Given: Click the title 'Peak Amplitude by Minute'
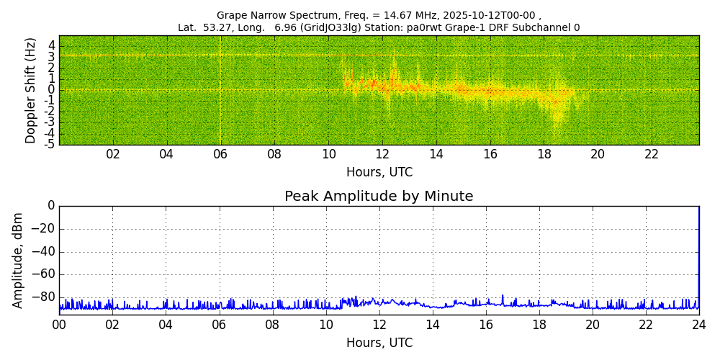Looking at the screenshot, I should (379, 197).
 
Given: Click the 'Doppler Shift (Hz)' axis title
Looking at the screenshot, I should (31, 90).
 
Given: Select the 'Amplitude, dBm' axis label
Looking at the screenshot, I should (19, 260).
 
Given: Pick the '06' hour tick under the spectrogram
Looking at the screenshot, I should (220, 155).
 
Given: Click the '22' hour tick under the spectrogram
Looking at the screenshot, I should (652, 155).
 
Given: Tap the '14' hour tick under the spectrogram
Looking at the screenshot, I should (436, 155).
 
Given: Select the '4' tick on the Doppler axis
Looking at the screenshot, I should (51, 45).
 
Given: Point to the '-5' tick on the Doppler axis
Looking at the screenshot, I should (49, 144).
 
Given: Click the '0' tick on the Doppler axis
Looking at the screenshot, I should (51, 90).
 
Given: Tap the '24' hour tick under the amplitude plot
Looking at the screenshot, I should (699, 325).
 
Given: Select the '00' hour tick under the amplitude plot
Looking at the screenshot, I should (59, 325).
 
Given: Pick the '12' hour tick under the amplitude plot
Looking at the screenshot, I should (379, 325).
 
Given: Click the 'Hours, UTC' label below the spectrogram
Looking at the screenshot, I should (379, 173).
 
